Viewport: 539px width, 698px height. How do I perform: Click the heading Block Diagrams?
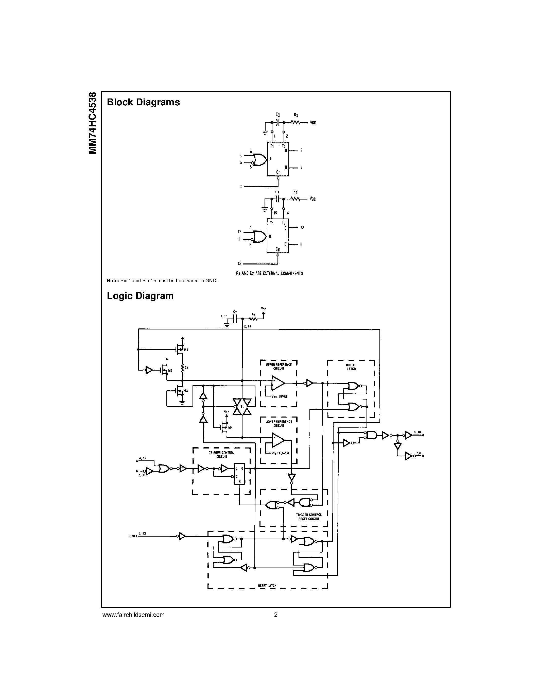coord(143,102)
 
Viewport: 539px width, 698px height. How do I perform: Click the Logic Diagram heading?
coord(140,296)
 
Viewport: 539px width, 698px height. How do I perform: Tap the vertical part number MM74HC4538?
coord(93,123)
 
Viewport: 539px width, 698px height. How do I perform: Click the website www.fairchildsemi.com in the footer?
coord(133,614)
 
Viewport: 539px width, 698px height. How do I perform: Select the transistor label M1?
coord(186,350)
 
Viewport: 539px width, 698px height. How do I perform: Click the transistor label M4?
coord(230,427)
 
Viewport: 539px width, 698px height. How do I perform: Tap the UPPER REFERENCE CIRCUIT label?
coord(279,366)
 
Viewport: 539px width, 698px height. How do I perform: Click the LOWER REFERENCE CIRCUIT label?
coord(279,423)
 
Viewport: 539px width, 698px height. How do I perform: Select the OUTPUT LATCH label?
coord(351,367)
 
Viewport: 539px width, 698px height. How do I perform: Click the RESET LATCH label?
coord(267,586)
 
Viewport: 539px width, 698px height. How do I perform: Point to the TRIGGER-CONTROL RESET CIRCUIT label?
coord(308,517)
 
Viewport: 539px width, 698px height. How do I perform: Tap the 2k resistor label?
coord(186,368)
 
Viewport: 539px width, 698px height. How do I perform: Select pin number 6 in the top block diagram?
coord(301,151)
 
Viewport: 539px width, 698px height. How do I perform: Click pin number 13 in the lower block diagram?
coord(239,264)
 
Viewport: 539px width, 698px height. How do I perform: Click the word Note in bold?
coord(112,281)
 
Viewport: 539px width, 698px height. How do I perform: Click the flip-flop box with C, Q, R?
coord(239,474)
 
